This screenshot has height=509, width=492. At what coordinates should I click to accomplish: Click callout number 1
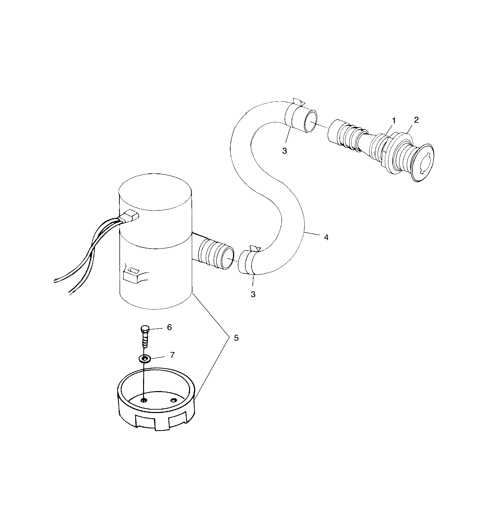click(x=394, y=121)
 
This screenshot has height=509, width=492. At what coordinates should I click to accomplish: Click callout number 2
click(x=416, y=120)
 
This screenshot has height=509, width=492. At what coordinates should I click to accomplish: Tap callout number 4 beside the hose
click(x=326, y=237)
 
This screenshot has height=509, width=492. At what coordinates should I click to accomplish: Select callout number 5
click(x=236, y=338)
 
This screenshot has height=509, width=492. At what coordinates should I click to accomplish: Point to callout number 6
click(x=169, y=327)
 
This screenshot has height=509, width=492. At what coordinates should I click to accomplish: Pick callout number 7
click(x=172, y=355)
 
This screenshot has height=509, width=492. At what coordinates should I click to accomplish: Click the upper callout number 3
click(x=284, y=150)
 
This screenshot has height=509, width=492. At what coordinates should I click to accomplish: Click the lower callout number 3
click(x=253, y=294)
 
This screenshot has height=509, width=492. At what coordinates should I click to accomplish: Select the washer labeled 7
click(x=145, y=359)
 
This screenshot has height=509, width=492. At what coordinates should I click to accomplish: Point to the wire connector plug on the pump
click(x=131, y=217)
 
